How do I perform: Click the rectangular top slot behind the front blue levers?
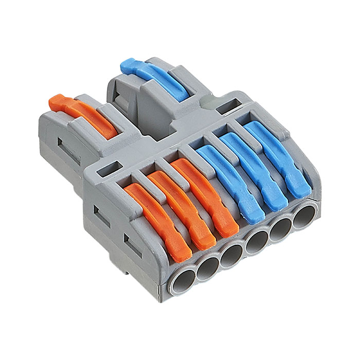[x=226, y=107]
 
